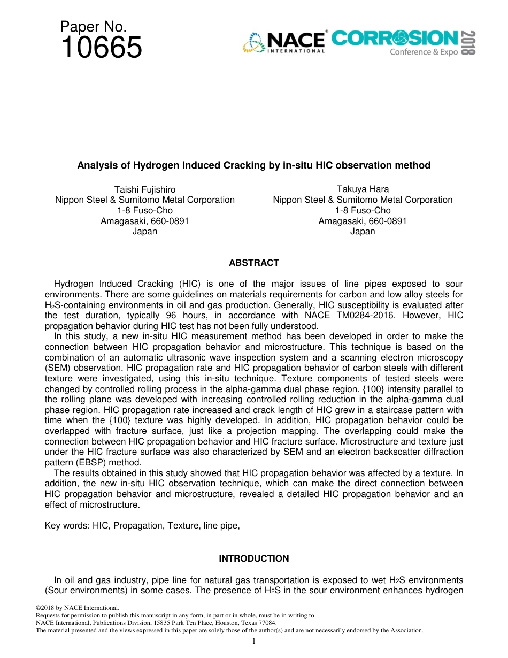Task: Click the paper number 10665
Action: (102, 48)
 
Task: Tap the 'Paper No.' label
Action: (93, 26)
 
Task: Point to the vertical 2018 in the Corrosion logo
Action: (468, 42)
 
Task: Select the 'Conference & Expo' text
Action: (424, 52)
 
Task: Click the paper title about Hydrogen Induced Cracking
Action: (253, 165)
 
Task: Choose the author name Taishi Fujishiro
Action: (144, 189)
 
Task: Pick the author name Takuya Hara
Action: (363, 189)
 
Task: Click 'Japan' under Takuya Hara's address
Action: (363, 232)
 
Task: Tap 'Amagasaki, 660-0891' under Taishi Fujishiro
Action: (144, 221)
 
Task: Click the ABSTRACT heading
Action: (253, 263)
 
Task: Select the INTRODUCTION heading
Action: (253, 558)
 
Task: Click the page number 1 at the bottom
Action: (253, 641)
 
